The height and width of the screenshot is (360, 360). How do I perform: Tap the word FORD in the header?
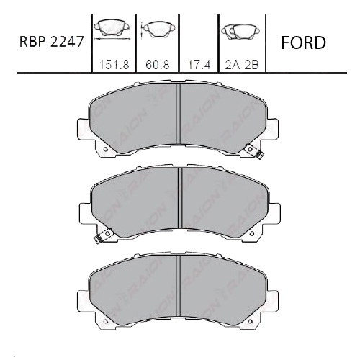point(302,42)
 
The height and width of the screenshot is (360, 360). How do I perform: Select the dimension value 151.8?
point(109,64)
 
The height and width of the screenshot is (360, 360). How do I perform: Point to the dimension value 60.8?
point(156,64)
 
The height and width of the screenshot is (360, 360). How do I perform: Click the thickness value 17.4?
point(197,64)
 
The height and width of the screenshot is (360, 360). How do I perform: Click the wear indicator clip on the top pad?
point(253,150)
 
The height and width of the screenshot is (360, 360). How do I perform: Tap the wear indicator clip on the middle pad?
point(101,236)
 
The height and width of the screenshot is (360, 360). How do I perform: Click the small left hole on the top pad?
point(106,150)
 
